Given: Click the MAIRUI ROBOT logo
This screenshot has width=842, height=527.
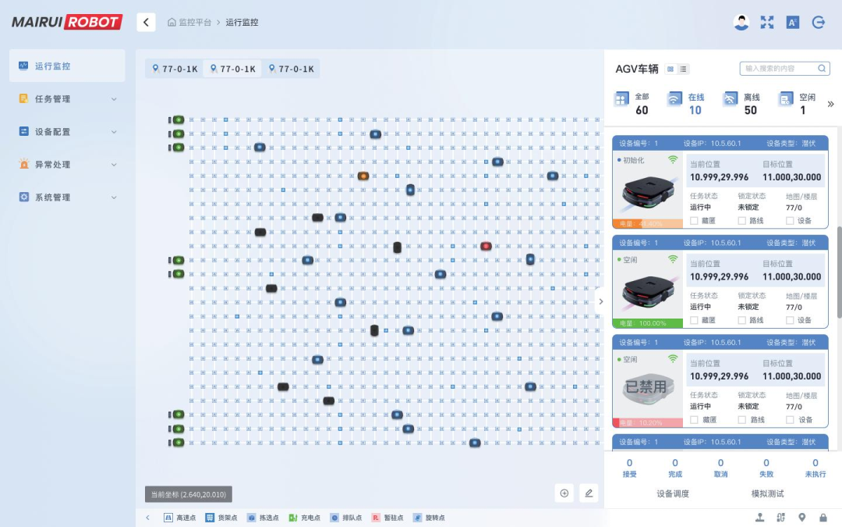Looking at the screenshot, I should tap(67, 22).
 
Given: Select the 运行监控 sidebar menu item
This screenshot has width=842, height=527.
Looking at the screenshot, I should tap(52, 66).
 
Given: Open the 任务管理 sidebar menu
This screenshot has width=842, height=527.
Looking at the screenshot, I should tap(52, 99).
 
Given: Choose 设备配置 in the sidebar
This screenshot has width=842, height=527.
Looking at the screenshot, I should tap(52, 132).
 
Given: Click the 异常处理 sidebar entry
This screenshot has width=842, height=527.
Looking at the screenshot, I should tap(52, 165).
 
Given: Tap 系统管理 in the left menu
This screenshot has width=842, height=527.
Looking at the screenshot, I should tap(52, 198).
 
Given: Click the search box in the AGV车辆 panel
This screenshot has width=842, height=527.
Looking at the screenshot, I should tap(780, 69).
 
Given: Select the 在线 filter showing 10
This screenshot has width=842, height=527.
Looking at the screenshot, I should tap(686, 103).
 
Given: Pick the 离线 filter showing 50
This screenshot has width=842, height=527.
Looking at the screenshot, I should tap(742, 103).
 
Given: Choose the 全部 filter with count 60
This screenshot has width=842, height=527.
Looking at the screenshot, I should tap(632, 103).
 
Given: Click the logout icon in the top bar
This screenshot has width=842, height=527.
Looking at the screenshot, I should tap(819, 23).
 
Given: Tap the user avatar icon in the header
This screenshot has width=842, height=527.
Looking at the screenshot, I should tap(741, 23).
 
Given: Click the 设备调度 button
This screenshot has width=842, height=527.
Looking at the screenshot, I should tap(672, 493).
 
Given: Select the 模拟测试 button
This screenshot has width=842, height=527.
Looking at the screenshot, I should tap(767, 493).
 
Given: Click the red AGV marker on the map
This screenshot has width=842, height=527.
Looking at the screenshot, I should tap(486, 246).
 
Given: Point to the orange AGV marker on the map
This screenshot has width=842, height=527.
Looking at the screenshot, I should tap(363, 176).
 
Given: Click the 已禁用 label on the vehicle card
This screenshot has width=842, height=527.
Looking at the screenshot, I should tap(646, 386).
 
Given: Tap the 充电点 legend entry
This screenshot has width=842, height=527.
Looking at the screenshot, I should tap(304, 518).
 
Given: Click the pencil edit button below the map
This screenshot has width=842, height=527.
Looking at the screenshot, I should tap(589, 493).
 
